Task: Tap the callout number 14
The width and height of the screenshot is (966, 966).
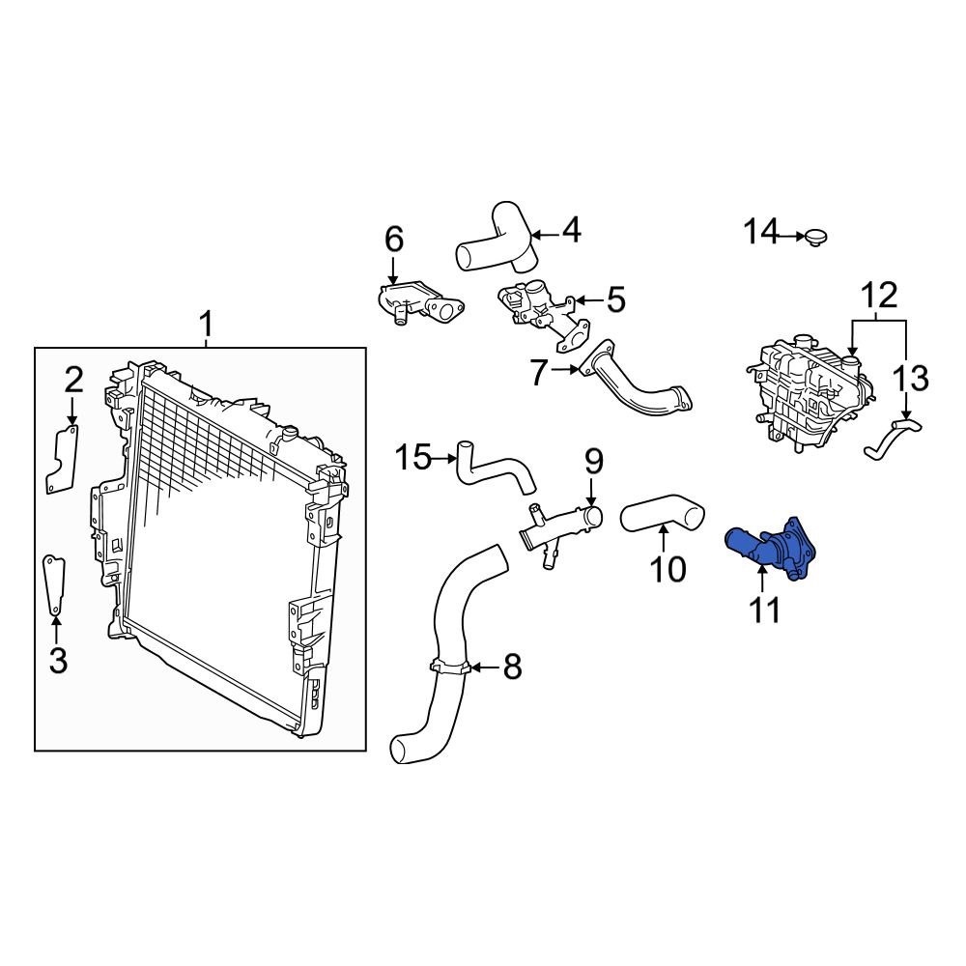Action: [x=760, y=233]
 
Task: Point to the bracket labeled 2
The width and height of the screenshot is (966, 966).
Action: [x=63, y=462]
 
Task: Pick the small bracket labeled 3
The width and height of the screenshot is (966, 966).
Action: [x=53, y=583]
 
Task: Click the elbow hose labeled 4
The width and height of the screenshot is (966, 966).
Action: [x=498, y=241]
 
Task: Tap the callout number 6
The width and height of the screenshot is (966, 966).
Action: [x=393, y=239]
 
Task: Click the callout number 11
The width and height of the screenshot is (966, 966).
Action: [x=765, y=611]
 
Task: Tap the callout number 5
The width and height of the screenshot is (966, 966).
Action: [x=615, y=300]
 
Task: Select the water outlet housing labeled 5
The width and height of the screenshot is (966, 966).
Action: [x=537, y=310]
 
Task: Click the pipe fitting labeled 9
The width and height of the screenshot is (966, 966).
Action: [x=558, y=526]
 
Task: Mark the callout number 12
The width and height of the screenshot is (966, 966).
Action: [x=879, y=294]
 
